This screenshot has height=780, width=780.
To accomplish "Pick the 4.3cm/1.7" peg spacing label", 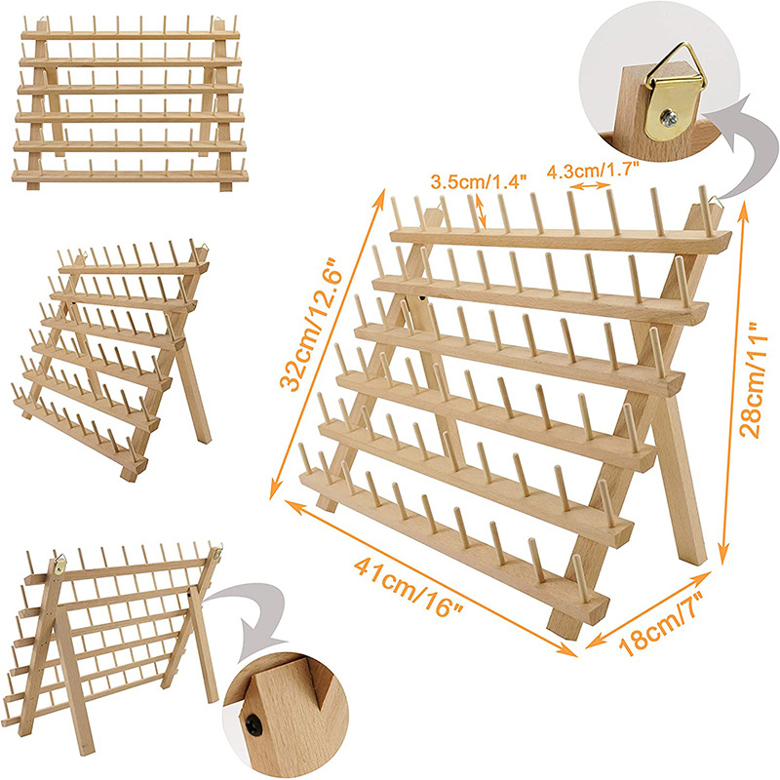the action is (x=593, y=169).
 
